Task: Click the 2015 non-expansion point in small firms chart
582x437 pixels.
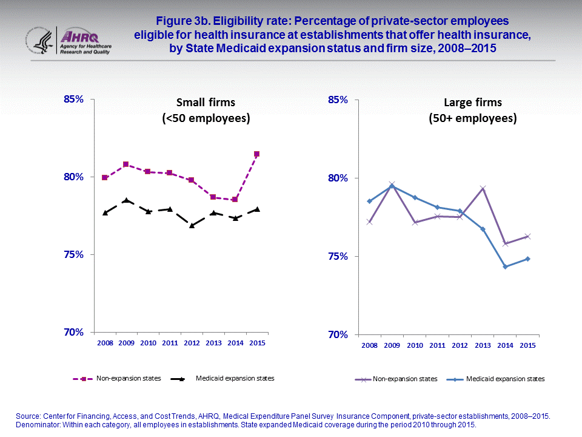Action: [256, 154]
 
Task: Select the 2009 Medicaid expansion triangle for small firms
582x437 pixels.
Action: [126, 200]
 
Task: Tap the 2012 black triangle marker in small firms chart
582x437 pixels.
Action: [192, 225]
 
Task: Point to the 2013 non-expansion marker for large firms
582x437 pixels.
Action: [483, 189]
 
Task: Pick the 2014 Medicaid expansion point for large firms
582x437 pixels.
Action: [505, 266]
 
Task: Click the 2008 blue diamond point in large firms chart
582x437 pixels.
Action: [369, 201]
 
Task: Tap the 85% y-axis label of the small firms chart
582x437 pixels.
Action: [75, 100]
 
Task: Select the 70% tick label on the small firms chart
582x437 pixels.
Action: [75, 333]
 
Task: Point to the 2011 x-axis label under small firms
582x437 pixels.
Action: [170, 344]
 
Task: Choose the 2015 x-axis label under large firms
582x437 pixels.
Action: [527, 345]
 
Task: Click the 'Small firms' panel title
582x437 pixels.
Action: [206, 103]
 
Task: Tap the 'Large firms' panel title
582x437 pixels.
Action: [473, 103]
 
